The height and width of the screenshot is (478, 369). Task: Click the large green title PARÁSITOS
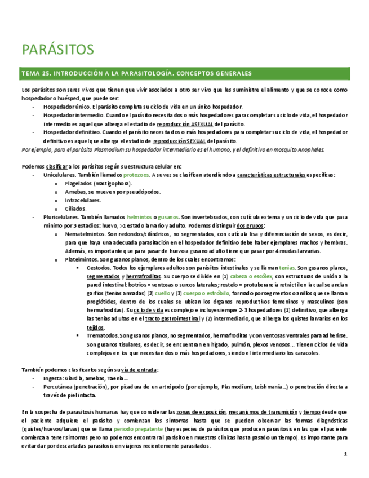58,50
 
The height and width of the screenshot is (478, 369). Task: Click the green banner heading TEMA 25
136,74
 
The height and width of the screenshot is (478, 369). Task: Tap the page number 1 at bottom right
345,454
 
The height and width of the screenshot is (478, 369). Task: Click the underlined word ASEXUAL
200,124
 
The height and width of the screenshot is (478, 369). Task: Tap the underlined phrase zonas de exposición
199,413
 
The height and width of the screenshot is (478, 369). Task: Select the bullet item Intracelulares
83,200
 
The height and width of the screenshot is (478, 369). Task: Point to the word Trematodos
103,335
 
